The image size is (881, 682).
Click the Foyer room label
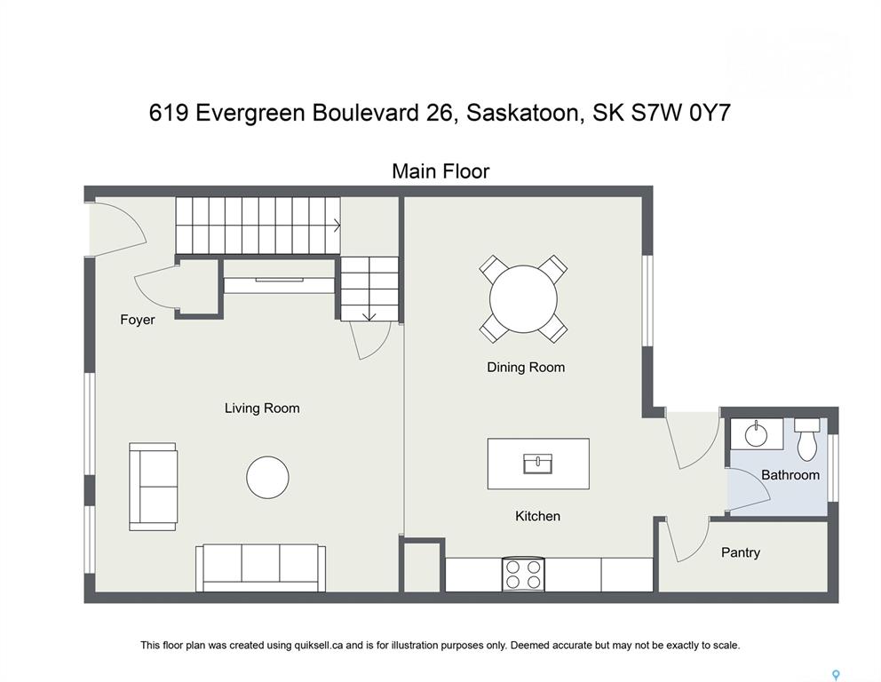coord(137,320)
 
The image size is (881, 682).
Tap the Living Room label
coord(262,408)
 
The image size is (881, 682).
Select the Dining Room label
coord(526,368)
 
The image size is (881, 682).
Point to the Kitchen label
coord(537,516)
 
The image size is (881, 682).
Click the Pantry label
coord(741,552)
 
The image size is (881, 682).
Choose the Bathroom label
coord(790,475)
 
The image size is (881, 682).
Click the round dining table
coord(523,299)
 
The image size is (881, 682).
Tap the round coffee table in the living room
coord(267,478)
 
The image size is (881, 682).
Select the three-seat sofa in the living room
coord(261,567)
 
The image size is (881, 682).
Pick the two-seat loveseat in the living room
coord(154,487)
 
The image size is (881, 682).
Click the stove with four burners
coord(523,575)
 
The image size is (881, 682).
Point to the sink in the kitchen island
coord(537,464)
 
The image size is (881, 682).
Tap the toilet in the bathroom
coord(808,438)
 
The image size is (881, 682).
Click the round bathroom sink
coord(757,433)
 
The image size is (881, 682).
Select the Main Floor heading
coord(440,171)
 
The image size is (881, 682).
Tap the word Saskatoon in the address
coord(522,113)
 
